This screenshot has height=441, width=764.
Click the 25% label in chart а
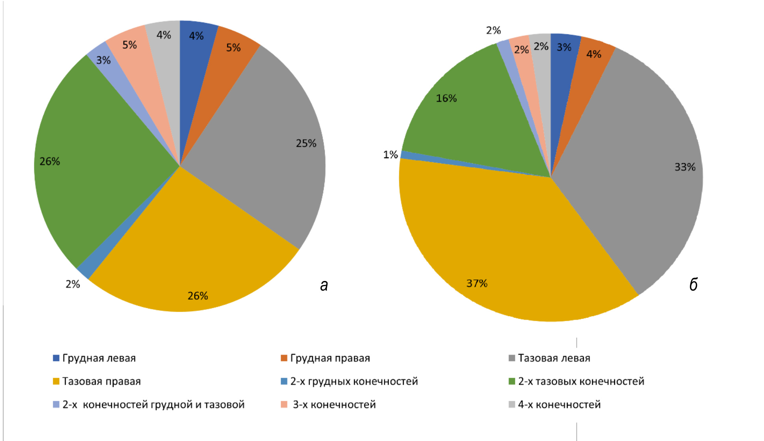pos(306,143)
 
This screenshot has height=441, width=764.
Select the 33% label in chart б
pos(685,167)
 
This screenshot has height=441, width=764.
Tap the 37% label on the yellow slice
pos(477,283)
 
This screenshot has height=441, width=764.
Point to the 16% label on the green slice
pos(446,98)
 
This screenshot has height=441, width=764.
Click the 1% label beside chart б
pos(390,154)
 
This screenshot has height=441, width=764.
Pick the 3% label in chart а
pos(103,60)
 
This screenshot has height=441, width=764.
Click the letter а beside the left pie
pos(324,285)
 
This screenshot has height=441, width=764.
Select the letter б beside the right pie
pos(693,284)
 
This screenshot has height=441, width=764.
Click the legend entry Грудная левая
pos(99,358)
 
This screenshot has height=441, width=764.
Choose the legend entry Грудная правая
pos(330,358)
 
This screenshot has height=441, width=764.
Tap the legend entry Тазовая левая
pos(554,358)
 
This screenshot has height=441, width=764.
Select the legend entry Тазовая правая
pos(101,381)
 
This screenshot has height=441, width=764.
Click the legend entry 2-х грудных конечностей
pos(354,381)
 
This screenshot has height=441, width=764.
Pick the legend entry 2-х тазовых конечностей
pos(581,381)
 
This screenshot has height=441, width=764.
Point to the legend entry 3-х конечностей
pos(334,404)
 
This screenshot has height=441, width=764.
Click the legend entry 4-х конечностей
pos(559,404)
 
